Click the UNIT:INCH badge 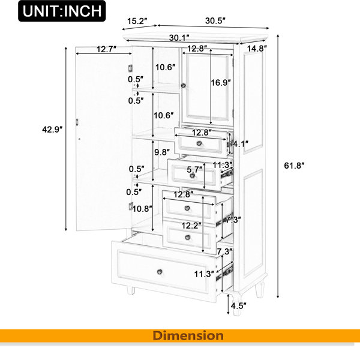point(62,11)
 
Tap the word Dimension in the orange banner point(188,335)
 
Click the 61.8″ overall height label point(294,166)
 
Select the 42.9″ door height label point(52,130)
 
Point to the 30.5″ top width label point(215,20)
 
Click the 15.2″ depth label point(137,21)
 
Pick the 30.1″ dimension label point(179,38)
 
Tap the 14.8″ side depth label point(257,49)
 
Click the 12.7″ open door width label point(106,49)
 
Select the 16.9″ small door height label point(221,82)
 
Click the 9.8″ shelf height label point(162,152)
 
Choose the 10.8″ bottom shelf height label point(142,209)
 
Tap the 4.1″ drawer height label point(241,144)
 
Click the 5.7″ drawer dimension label point(194,170)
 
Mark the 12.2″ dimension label point(191,226)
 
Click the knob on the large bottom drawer point(160,272)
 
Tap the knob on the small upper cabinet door point(183,85)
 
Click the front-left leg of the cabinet point(131,290)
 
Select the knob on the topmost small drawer point(199,143)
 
